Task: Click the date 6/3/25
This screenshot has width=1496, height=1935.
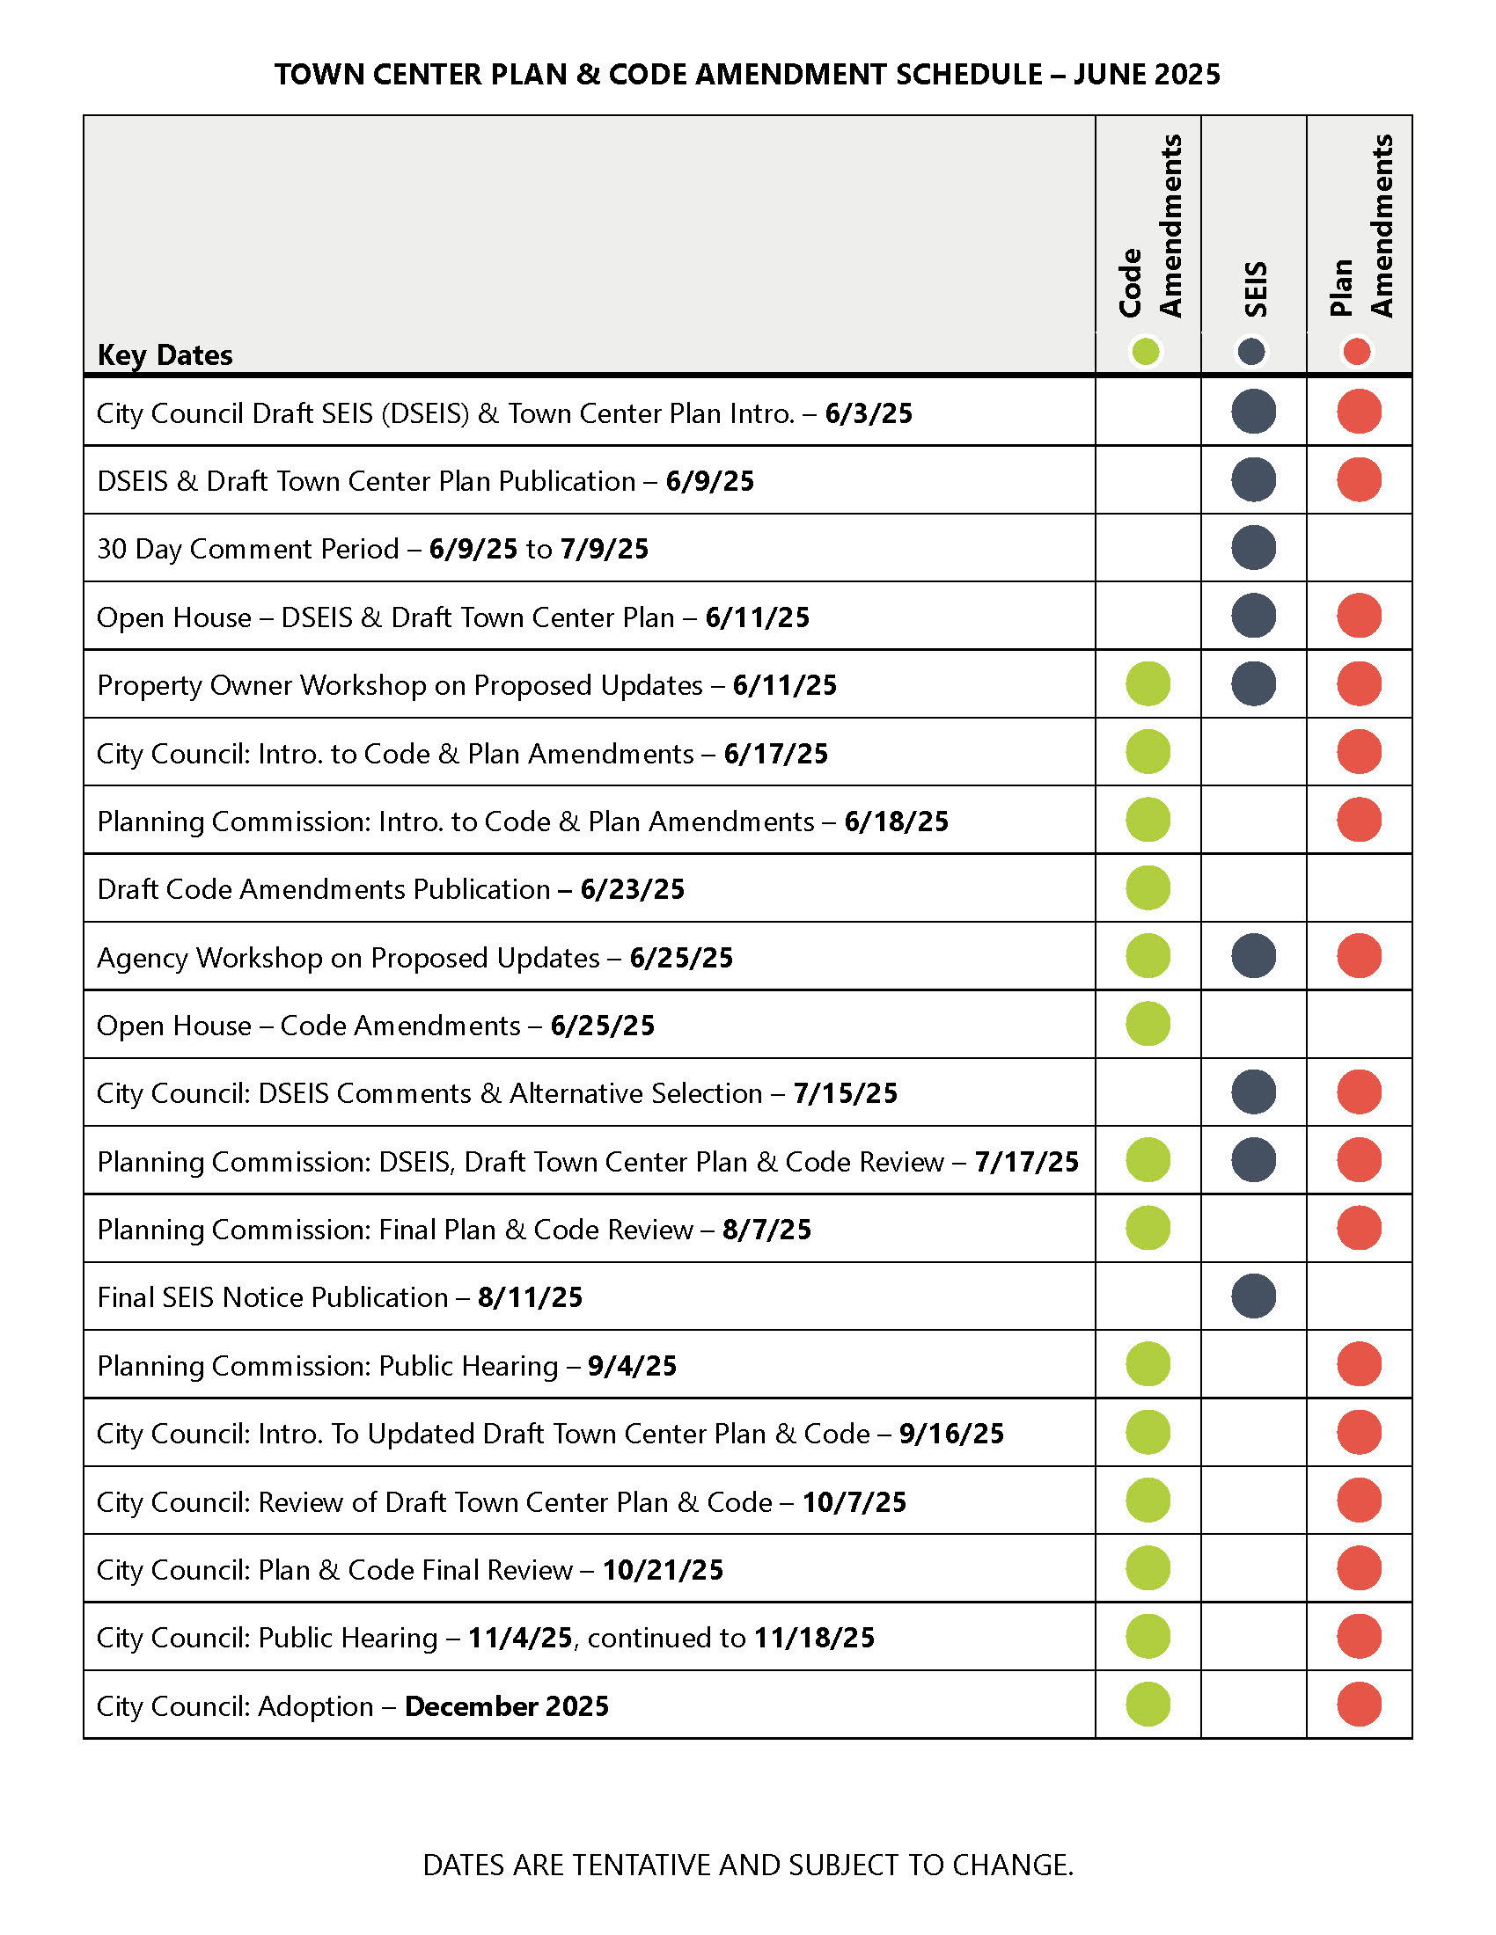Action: [868, 413]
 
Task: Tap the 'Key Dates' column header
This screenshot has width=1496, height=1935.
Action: [165, 355]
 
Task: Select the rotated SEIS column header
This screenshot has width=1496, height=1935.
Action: [1255, 288]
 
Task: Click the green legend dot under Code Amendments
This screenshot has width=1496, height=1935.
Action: [1145, 352]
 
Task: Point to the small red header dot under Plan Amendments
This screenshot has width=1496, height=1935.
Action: [1356, 352]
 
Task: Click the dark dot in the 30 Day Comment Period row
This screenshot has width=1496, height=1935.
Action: [1253, 548]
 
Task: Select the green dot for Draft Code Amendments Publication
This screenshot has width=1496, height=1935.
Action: [1148, 887]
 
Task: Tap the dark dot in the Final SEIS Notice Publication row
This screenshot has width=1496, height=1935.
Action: [1253, 1296]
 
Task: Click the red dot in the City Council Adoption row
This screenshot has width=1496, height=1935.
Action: [1359, 1705]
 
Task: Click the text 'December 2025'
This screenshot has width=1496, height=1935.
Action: [506, 1706]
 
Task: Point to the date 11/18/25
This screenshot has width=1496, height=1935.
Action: [814, 1639]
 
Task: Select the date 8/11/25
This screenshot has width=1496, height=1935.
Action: [530, 1298]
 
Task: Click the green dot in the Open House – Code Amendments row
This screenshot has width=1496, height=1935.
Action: [1148, 1024]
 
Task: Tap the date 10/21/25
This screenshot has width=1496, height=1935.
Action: [663, 1570]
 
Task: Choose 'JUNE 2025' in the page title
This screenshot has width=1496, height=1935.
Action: [1147, 75]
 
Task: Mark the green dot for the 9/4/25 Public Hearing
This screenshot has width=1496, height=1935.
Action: [1148, 1364]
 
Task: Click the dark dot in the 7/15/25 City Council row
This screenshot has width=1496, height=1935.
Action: [1253, 1092]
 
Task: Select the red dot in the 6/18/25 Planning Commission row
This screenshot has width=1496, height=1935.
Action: [1359, 820]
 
